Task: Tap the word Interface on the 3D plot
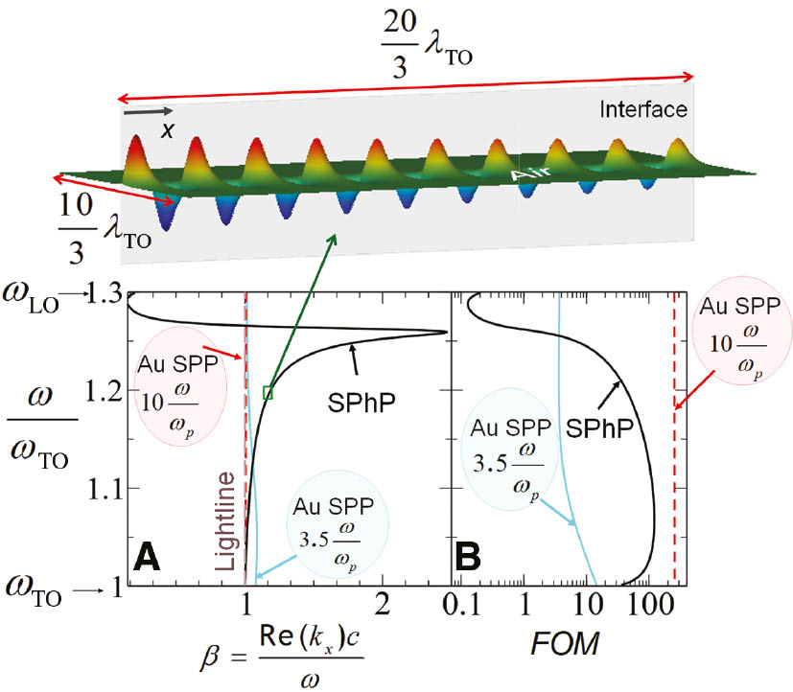(x=642, y=109)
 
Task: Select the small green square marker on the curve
(x=268, y=391)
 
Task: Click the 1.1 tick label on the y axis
(x=100, y=489)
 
